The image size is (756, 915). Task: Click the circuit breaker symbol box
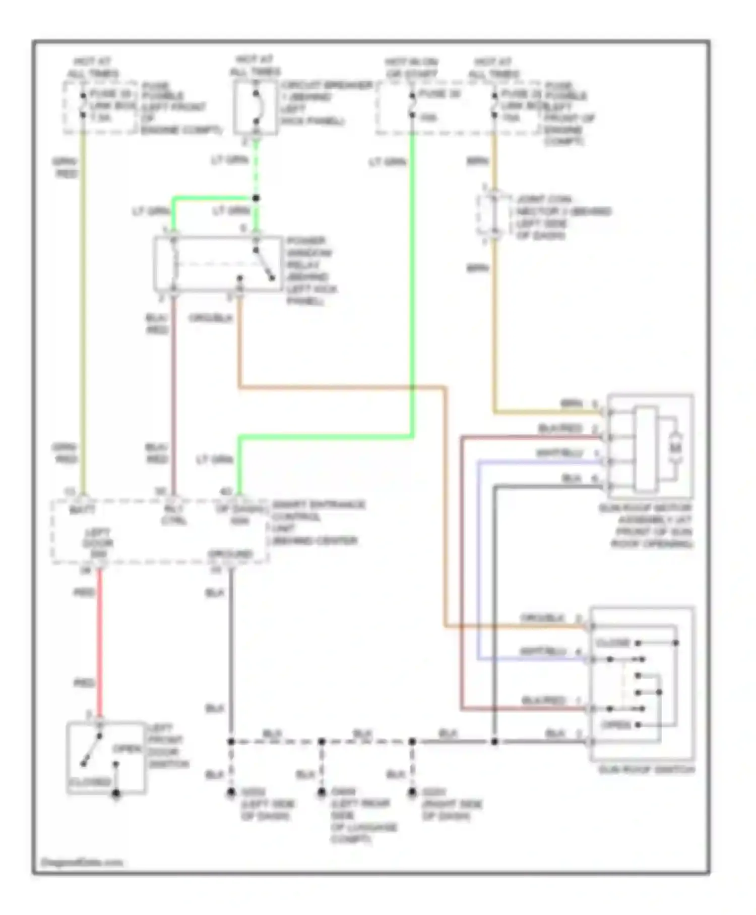[x=256, y=107]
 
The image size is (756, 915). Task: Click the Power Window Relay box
[x=218, y=264]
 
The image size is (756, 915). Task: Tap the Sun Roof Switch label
[x=646, y=770]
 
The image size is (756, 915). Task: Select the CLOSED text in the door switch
[x=89, y=782]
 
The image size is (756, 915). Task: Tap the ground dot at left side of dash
[x=231, y=792]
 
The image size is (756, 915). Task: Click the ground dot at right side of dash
[x=412, y=792]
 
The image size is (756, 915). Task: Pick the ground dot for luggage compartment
[x=322, y=792]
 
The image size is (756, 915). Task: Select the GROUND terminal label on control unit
[x=230, y=554]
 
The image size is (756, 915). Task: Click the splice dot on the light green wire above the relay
[x=256, y=198]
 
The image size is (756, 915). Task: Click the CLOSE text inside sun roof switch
[x=612, y=643]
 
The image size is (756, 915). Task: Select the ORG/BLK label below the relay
[x=210, y=318]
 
